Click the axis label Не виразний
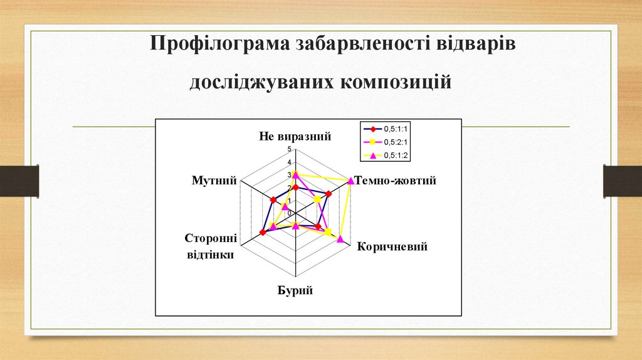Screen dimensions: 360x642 (x=295, y=136)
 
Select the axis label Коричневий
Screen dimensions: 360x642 (x=392, y=246)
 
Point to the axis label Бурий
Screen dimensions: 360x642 (x=295, y=290)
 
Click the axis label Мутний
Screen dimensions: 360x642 (x=214, y=181)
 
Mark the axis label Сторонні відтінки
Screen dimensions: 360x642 (x=210, y=246)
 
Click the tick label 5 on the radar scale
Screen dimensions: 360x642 (x=289, y=149)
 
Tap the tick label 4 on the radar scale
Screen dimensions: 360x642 (x=289, y=162)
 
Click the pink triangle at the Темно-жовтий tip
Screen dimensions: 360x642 (x=351, y=181)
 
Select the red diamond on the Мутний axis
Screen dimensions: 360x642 (x=273, y=200)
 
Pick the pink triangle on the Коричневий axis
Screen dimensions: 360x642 (x=340, y=238)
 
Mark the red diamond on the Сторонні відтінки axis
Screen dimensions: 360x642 (x=262, y=232)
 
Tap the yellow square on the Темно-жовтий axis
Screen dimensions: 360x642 (x=317, y=199)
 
